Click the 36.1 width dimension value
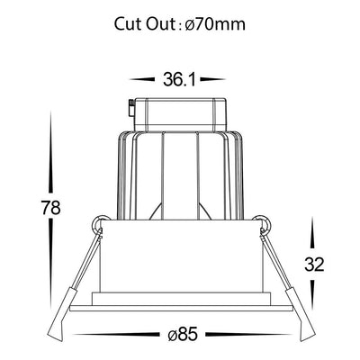(x=179, y=79)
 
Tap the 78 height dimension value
(x=51, y=208)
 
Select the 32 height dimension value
(x=314, y=265)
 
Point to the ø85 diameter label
(x=183, y=334)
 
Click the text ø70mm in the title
(x=215, y=24)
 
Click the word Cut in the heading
(x=128, y=24)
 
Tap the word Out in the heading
(x=160, y=24)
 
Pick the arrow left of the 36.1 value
(x=142, y=79)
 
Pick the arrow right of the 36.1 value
(x=213, y=79)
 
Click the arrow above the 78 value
(x=51, y=152)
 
